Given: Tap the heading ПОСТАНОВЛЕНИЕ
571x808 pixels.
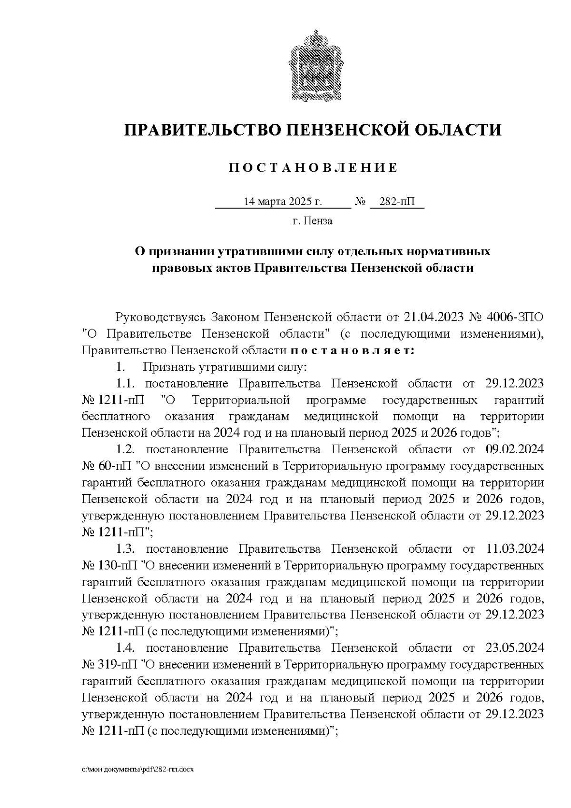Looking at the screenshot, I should click(313, 168).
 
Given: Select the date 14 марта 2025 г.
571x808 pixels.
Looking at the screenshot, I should click(283, 202).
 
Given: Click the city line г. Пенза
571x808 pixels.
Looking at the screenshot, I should click(312, 221).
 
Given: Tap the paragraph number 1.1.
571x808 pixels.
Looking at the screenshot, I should click(127, 384).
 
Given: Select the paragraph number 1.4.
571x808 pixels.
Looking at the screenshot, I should click(127, 648).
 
